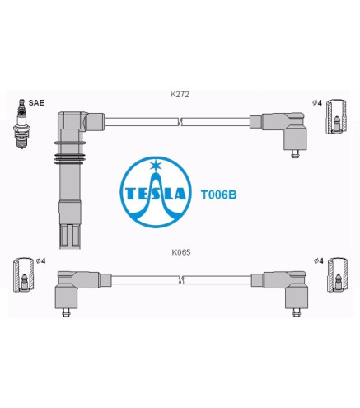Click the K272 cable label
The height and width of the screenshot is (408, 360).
pos(180,95)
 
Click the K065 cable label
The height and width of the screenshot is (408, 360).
pos(181,252)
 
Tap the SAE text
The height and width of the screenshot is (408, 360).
pos(36,103)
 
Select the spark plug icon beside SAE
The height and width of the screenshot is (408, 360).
pos(21,124)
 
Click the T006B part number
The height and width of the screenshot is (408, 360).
pos(218,195)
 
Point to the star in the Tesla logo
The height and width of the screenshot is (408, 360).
pos(156,165)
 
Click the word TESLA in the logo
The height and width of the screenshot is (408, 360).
pos(156,194)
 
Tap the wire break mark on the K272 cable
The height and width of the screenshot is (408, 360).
pos(180,121)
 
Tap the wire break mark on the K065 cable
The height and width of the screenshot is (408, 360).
pos(181,279)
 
